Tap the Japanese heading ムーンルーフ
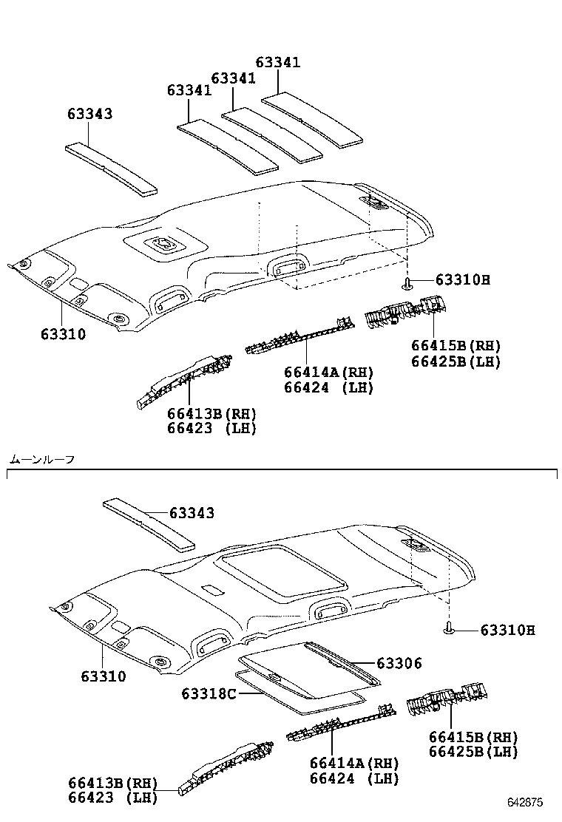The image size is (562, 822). (42, 460)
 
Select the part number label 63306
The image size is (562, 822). (399, 664)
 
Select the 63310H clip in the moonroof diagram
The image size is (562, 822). (448, 629)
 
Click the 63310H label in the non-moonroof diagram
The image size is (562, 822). (463, 279)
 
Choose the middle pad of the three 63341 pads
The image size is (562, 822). (272, 134)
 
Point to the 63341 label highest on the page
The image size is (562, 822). (278, 63)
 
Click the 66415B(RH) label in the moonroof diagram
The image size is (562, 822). (473, 738)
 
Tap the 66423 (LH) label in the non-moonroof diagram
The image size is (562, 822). (211, 428)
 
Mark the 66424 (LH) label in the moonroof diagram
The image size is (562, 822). (354, 778)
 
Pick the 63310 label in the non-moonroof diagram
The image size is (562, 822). (63, 334)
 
